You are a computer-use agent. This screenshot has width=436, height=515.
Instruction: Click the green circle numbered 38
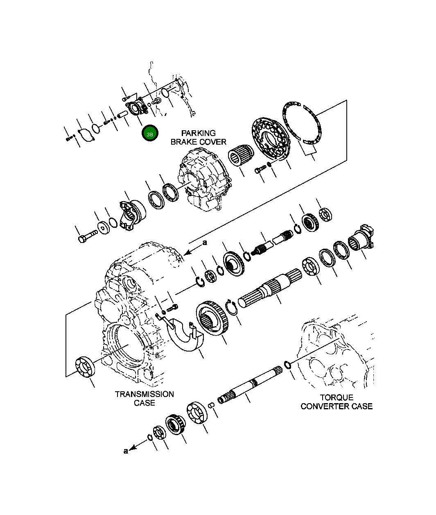(x=150, y=133)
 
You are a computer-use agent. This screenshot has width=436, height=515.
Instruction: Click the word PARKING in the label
(x=198, y=133)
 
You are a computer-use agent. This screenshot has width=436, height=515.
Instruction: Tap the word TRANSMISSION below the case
(x=144, y=394)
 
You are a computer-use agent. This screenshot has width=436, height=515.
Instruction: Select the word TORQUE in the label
(x=337, y=397)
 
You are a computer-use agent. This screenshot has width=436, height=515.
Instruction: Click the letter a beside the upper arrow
(x=205, y=243)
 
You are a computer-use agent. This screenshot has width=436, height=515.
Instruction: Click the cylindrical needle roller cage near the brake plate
(x=241, y=154)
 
